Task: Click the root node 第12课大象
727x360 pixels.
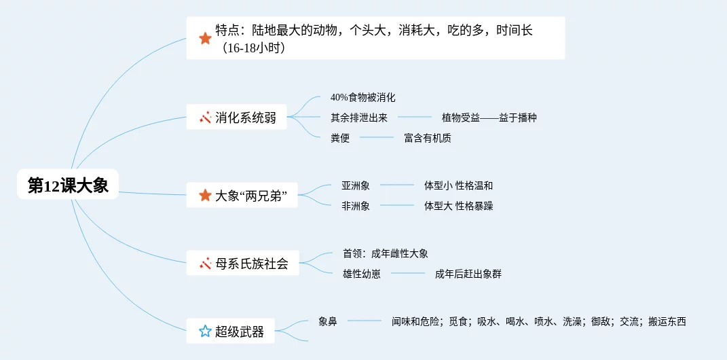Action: pyautogui.click(x=68, y=185)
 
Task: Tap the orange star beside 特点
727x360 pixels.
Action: pyautogui.click(x=205, y=38)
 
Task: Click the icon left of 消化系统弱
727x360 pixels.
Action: pyautogui.click(x=205, y=118)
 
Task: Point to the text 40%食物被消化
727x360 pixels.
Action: pyautogui.click(x=362, y=98)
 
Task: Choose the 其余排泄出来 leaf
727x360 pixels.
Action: pyautogui.click(x=359, y=118)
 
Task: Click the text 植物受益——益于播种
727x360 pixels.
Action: pyautogui.click(x=489, y=118)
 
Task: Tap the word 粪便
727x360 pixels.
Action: pyautogui.click(x=340, y=138)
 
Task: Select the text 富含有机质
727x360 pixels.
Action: pyautogui.click(x=428, y=138)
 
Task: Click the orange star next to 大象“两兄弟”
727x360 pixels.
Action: pyautogui.click(x=205, y=196)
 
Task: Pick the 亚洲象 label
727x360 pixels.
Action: pyautogui.click(x=356, y=185)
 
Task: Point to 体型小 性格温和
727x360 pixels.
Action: pyautogui.click(x=458, y=185)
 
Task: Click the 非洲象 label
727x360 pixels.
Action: pyautogui.click(x=356, y=206)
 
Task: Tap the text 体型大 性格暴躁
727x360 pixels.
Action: pyautogui.click(x=458, y=206)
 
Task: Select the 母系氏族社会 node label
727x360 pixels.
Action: pyautogui.click(x=252, y=264)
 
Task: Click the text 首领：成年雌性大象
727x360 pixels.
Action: pyautogui.click(x=386, y=253)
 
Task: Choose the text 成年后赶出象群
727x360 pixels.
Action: pyautogui.click(x=468, y=274)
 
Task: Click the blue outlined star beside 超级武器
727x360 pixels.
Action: pyautogui.click(x=205, y=331)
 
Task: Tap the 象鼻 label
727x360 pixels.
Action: pyautogui.click(x=328, y=321)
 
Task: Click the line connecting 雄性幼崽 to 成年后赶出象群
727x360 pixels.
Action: pyautogui.click(x=407, y=274)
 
